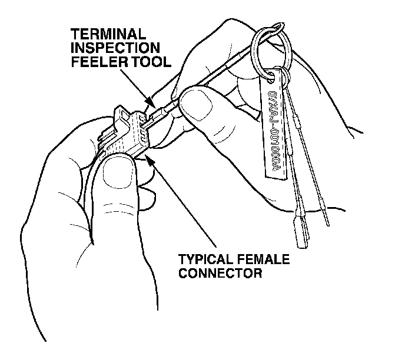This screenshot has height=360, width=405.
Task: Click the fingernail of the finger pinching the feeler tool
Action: (x=194, y=108)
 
